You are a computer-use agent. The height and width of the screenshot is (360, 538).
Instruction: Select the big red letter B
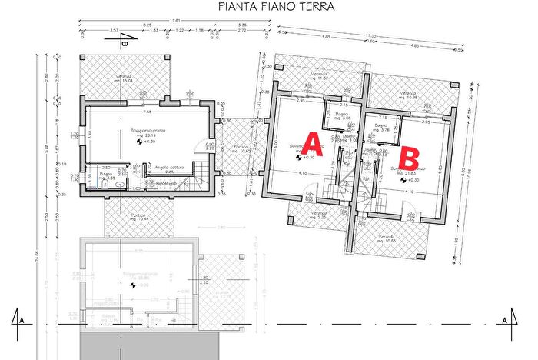410,159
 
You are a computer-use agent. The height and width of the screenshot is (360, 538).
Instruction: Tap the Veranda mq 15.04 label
124,78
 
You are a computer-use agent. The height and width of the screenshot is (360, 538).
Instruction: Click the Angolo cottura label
168,167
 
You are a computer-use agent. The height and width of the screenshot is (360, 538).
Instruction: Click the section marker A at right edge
505,319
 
